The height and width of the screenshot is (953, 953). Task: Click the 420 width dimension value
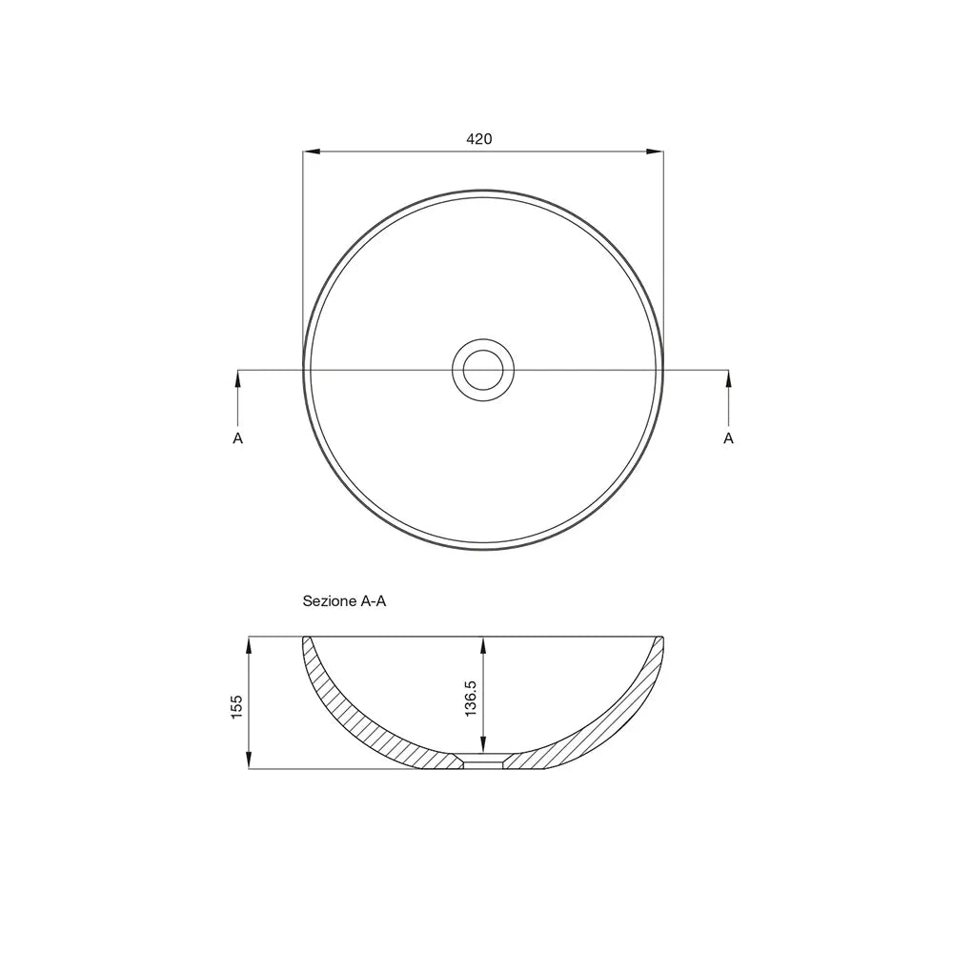tap(479, 139)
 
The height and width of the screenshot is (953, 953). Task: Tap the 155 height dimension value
tap(237, 707)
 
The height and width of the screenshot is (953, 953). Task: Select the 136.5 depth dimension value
tap(471, 699)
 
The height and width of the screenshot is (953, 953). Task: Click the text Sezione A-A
tap(345, 601)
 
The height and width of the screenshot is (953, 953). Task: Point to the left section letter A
tap(237, 438)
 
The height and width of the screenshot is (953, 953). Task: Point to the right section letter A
tap(729, 438)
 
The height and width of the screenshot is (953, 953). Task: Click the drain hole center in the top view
tap(483, 370)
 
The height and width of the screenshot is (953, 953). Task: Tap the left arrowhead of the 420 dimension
tap(312, 151)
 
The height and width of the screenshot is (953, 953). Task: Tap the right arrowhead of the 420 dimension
tap(656, 151)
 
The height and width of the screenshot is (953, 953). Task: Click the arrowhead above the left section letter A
tap(237, 378)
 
